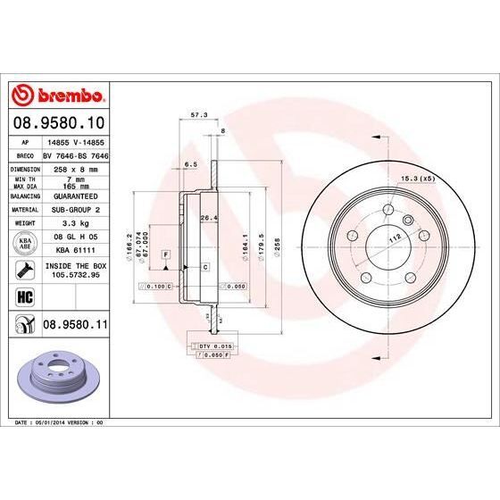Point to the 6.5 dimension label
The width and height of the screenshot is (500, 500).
(190, 165)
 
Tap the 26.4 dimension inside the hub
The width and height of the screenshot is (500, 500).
(208, 219)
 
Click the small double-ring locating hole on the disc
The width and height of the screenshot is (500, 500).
(407, 219)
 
